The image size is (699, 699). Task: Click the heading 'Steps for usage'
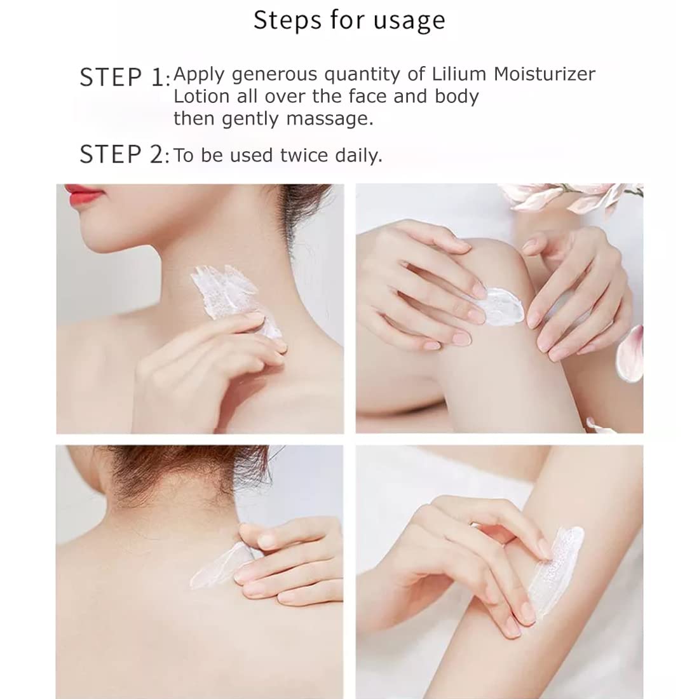point(349,21)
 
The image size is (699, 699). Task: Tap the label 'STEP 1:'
point(125,77)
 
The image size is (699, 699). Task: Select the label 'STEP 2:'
point(125,154)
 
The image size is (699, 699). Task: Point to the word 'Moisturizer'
point(545,74)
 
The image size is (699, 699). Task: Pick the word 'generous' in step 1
point(274,75)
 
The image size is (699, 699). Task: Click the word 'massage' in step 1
point(329,119)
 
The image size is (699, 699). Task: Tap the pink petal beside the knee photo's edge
point(630,354)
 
